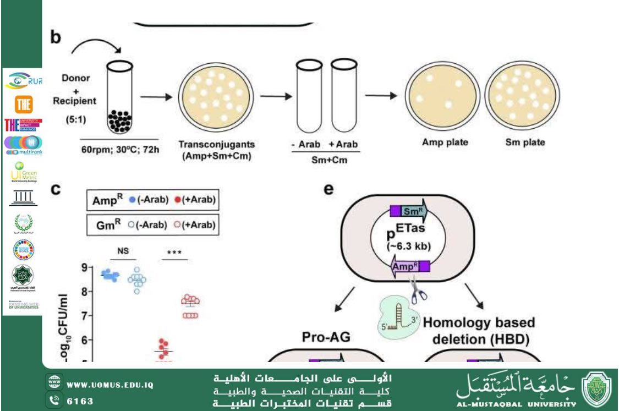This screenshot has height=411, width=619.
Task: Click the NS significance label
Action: coord(123,251)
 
